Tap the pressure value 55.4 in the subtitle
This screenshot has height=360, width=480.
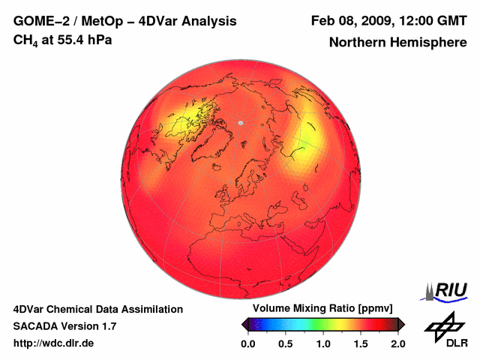click(x=68, y=39)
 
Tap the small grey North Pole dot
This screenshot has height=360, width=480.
click(x=241, y=122)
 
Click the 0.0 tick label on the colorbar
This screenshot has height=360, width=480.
click(x=248, y=343)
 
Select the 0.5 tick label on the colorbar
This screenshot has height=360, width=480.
click(x=286, y=343)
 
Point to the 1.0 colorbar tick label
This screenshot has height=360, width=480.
click(x=323, y=343)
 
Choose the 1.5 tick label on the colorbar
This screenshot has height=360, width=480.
click(x=361, y=343)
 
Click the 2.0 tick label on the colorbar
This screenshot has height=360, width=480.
click(x=397, y=343)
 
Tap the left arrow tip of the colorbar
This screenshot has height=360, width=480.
click(x=243, y=324)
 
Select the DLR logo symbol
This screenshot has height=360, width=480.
click(x=443, y=324)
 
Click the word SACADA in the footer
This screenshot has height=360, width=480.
click(x=35, y=326)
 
